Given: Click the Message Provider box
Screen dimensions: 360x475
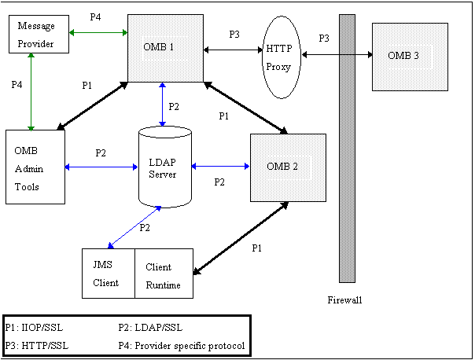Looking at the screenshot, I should click(x=36, y=35).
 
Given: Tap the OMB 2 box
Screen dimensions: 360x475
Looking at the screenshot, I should click(x=287, y=166).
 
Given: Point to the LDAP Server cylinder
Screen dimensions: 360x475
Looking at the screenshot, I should click(x=164, y=166).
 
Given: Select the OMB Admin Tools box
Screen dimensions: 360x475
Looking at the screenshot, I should click(x=34, y=166).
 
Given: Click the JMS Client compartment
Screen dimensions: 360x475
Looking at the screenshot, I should click(x=109, y=274).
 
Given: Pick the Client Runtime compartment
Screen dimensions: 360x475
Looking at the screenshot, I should click(x=164, y=274).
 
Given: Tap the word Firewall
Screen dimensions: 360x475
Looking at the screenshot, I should click(x=345, y=299).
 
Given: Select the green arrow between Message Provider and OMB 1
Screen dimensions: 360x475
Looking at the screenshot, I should click(x=98, y=32).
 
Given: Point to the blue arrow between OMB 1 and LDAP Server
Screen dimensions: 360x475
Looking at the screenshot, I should click(x=162, y=103).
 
